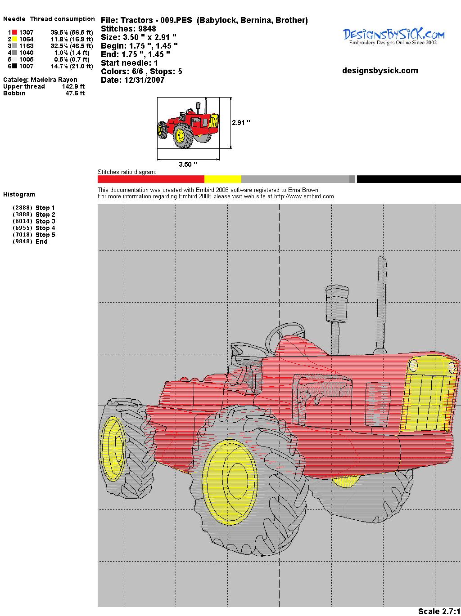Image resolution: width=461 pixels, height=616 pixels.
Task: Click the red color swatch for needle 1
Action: (14, 32)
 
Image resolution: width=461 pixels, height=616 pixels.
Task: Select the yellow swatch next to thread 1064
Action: (14, 39)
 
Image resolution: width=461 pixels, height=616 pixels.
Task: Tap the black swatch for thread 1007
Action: (14, 66)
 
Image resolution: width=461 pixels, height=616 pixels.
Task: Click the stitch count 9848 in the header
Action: (147, 29)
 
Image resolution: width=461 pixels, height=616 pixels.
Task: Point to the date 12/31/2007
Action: (144, 80)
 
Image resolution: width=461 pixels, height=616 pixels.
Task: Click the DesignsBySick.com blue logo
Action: (393, 36)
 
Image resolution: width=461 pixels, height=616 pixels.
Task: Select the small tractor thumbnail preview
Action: (188, 123)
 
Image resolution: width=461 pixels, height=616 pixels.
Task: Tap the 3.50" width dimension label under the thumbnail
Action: (188, 164)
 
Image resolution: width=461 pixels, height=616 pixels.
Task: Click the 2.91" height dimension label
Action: (241, 123)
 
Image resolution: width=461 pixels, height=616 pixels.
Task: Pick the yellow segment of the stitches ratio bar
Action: (222, 179)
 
